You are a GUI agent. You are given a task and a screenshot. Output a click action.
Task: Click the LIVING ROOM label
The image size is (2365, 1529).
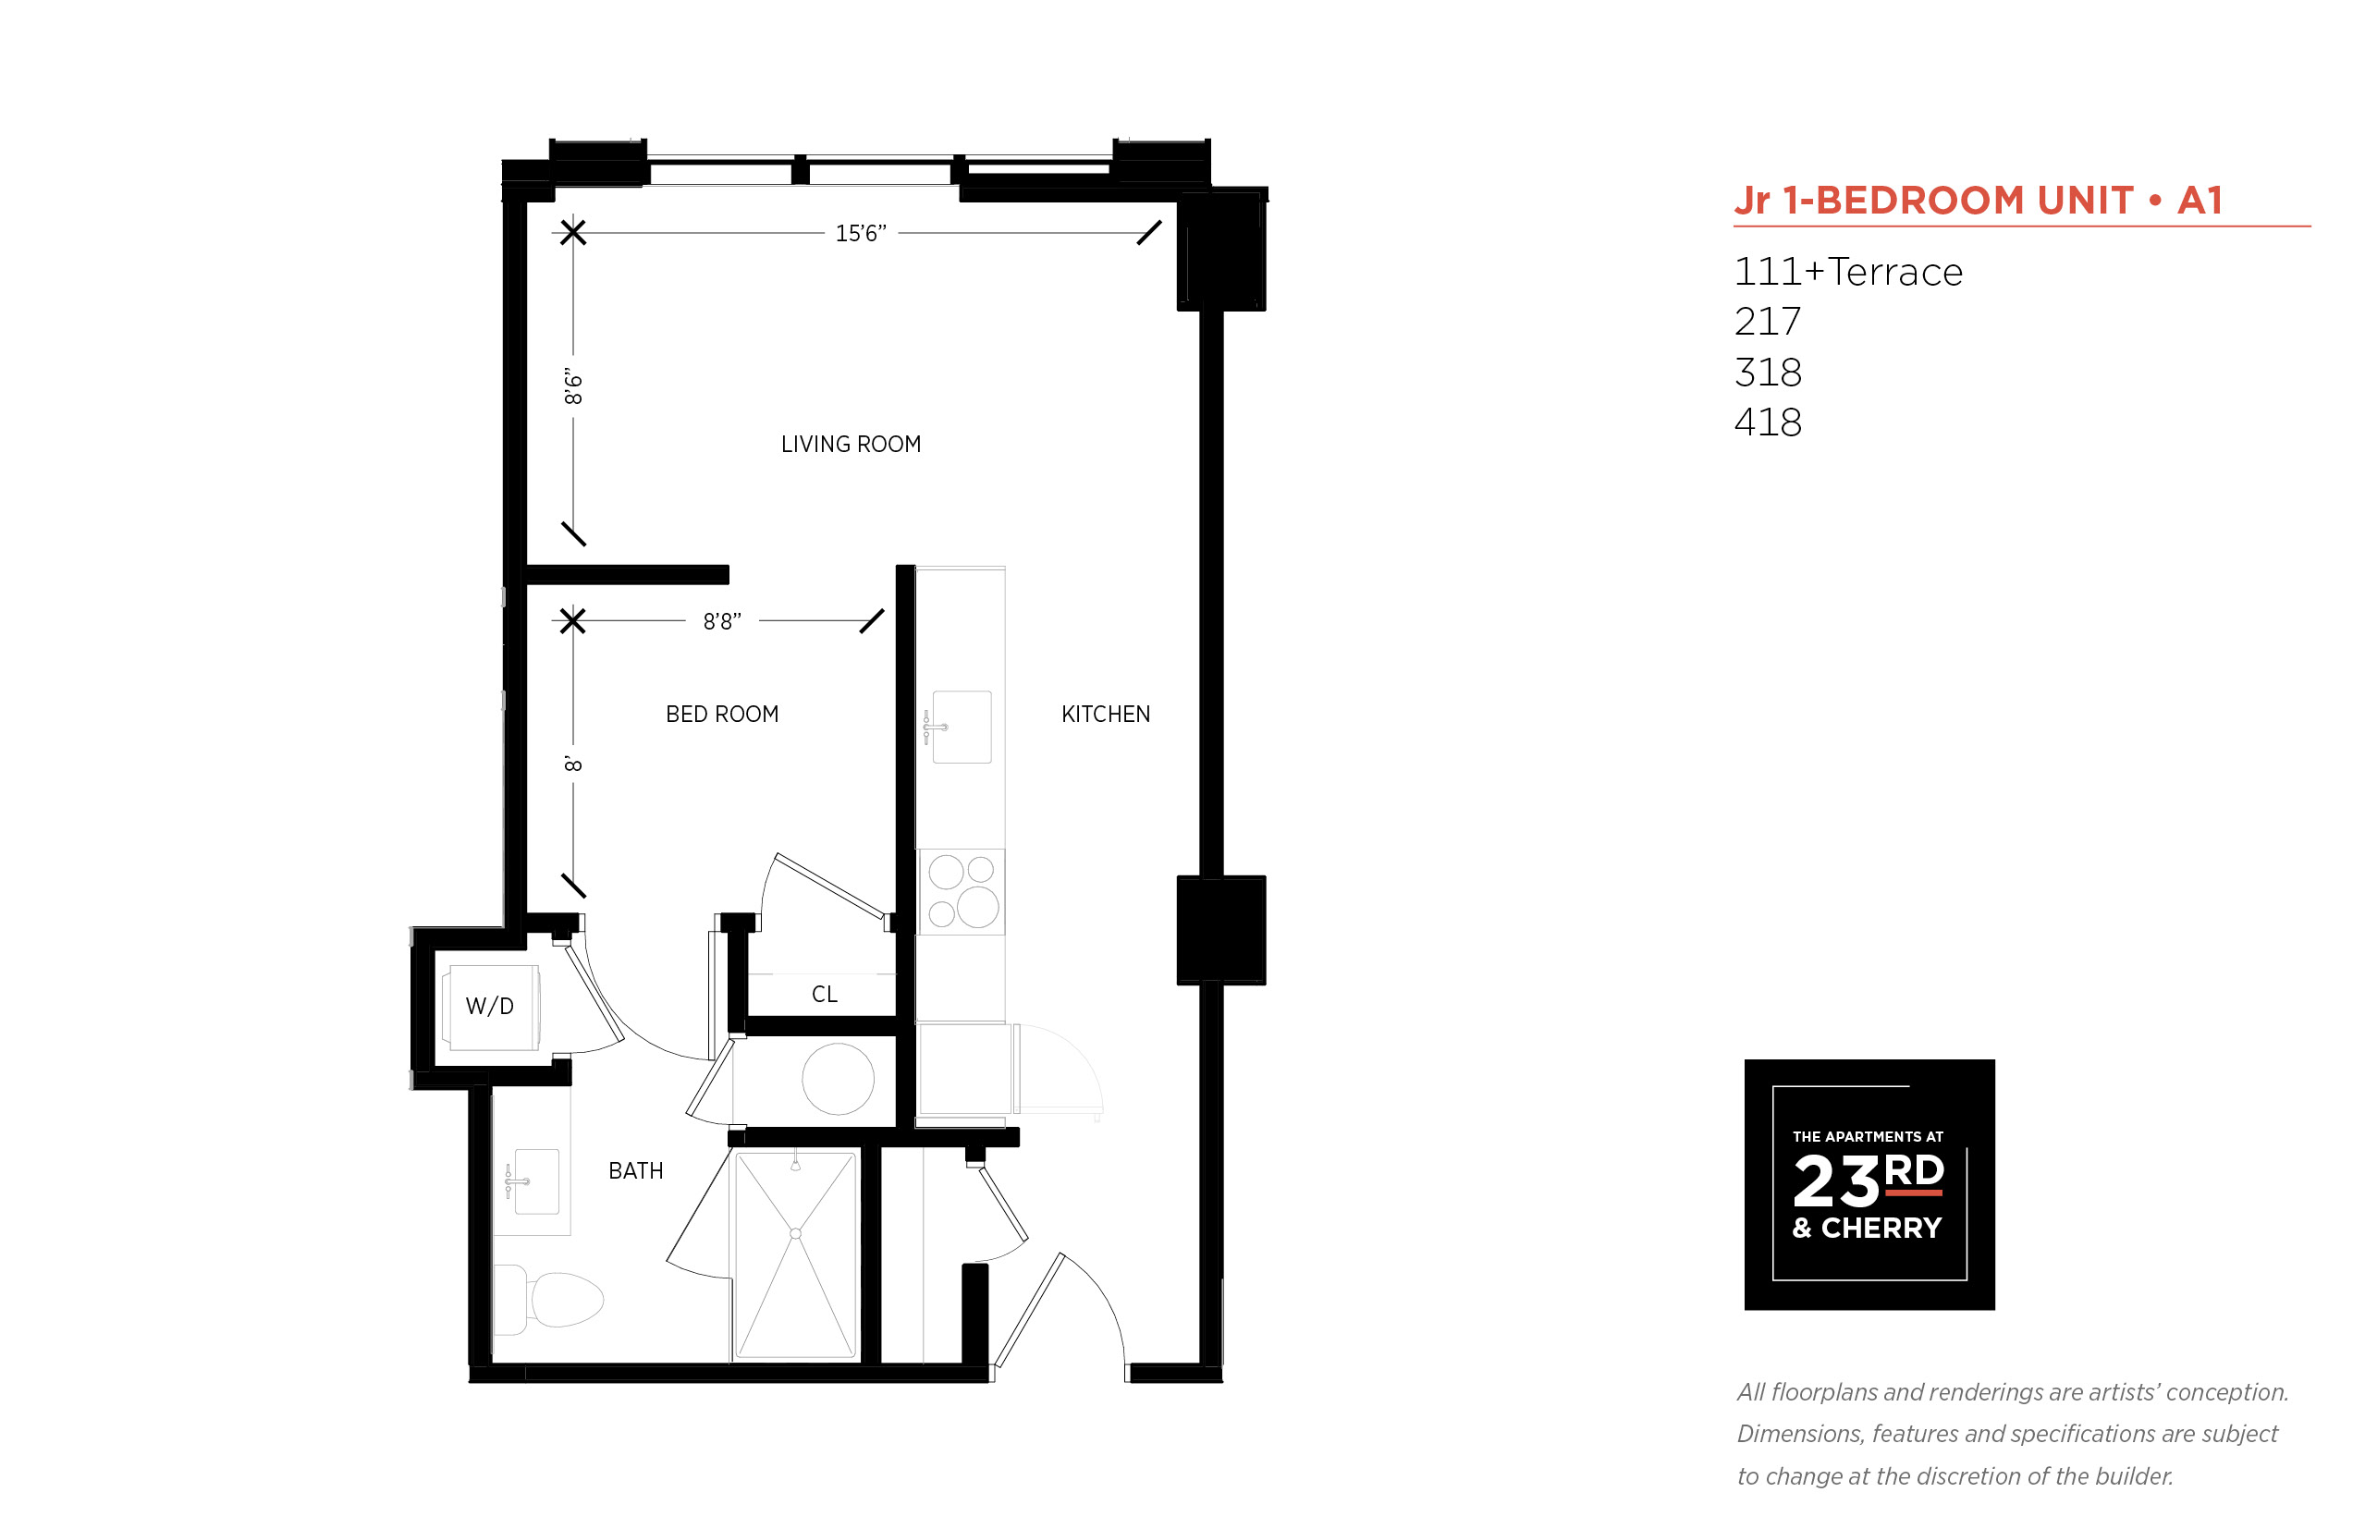click(851, 444)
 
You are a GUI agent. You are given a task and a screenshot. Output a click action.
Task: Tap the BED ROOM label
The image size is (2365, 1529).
click(722, 714)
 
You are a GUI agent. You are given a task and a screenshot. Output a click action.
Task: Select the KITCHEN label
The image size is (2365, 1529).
click(1105, 714)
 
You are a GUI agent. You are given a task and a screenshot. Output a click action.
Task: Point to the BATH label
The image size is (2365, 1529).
click(635, 1170)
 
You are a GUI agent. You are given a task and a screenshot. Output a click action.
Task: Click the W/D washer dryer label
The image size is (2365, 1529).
click(489, 1006)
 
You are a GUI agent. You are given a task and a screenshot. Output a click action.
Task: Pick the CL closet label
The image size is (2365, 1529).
click(824, 994)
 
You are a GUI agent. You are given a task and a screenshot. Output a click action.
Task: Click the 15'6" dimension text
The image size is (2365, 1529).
click(860, 233)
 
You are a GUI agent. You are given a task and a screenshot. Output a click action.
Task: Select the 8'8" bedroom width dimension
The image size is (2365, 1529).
click(722, 621)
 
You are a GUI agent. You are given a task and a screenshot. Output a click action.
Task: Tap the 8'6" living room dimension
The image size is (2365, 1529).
click(573, 386)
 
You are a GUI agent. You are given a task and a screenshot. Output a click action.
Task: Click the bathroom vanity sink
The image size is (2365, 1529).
click(534, 1181)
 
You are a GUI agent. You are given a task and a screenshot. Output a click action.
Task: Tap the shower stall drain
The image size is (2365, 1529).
click(795, 1234)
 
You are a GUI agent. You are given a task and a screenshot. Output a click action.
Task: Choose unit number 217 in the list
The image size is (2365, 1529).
click(1768, 322)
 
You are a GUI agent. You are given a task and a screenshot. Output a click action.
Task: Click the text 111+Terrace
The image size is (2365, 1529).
click(1848, 272)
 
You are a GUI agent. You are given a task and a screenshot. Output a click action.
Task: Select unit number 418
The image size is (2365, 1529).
click(1768, 422)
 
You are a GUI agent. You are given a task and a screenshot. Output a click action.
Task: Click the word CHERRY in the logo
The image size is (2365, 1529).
click(1881, 1229)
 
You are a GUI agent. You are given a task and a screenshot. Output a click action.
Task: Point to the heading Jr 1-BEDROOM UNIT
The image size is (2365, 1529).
click(1934, 201)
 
